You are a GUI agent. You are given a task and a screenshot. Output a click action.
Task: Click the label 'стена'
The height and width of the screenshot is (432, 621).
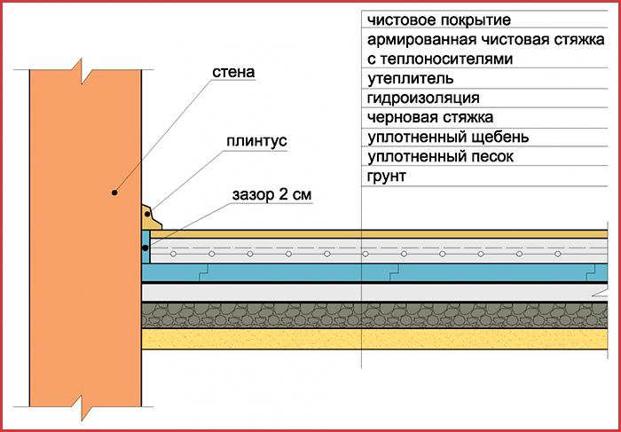[233, 73]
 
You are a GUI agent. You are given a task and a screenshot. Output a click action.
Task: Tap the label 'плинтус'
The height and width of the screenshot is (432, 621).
[256, 141]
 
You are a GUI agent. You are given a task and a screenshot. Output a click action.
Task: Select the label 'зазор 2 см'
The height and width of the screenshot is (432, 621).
[271, 195]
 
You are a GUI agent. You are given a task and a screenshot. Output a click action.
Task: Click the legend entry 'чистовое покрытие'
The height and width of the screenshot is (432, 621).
[439, 20]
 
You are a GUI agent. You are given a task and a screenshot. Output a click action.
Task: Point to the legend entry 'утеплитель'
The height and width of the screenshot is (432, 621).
[410, 79]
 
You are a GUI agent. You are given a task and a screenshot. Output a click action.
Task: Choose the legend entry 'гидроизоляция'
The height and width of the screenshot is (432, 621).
[423, 98]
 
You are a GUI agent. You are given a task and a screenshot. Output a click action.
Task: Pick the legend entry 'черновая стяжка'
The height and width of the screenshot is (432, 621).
[430, 118]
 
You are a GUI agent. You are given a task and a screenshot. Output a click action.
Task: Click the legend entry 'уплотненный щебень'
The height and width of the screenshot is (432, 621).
[448, 137]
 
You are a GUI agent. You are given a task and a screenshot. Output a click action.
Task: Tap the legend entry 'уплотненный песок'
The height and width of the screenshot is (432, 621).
[440, 157]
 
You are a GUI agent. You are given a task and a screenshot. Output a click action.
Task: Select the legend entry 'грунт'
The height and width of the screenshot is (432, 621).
[387, 177]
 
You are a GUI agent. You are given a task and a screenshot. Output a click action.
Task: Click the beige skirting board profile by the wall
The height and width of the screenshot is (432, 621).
[151, 217]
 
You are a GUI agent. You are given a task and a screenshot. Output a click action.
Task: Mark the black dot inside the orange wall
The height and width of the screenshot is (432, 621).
[114, 192]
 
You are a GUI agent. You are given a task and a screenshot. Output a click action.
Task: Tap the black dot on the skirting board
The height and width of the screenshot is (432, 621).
[147, 214]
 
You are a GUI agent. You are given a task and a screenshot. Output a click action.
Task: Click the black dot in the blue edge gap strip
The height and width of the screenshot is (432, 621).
[145, 247]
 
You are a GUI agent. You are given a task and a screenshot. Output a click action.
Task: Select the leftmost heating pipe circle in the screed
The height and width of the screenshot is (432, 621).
[174, 254]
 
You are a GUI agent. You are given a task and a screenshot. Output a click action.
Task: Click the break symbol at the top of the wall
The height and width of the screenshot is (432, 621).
[82, 71]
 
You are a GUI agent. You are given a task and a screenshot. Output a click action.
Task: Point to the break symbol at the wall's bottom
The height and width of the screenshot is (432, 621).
[82, 408]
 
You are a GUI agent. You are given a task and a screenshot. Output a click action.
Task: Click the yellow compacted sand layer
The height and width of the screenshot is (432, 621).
[374, 339]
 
